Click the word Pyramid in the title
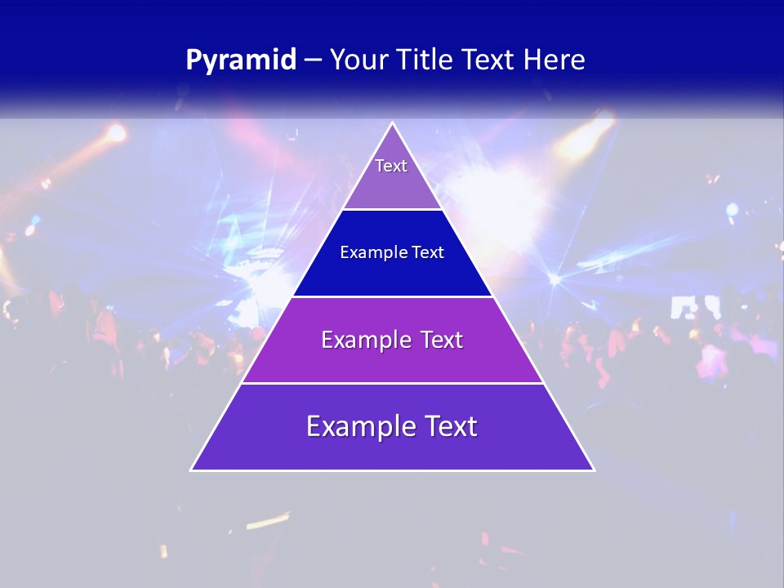click(x=241, y=60)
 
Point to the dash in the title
click(x=313, y=60)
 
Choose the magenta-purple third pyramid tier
click(x=392, y=359)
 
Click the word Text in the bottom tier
click(x=449, y=426)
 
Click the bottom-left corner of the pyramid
click(x=192, y=470)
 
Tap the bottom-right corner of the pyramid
click(x=594, y=470)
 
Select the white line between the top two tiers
click(x=392, y=210)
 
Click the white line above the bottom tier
click(x=392, y=383)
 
